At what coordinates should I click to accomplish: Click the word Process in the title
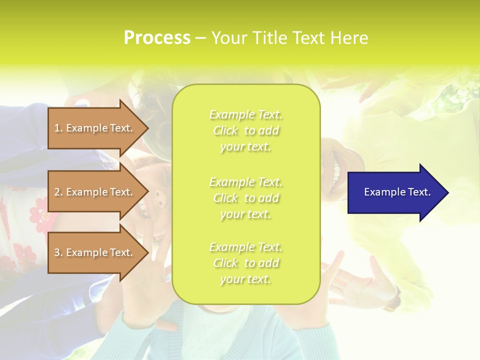click(157, 38)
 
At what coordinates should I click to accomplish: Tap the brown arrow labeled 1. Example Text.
click(95, 128)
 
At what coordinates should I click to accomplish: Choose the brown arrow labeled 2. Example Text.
click(95, 192)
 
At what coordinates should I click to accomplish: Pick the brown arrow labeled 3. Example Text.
click(95, 253)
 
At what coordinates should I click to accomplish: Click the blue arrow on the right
click(395, 192)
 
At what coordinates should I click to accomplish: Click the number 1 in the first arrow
click(57, 128)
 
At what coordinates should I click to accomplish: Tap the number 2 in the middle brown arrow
click(57, 192)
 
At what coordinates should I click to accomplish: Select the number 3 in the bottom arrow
click(57, 253)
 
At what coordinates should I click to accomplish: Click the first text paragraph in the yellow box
click(245, 130)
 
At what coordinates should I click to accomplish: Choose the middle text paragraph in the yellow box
click(245, 198)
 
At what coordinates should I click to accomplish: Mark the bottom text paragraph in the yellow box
click(245, 263)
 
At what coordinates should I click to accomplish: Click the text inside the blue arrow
click(397, 192)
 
